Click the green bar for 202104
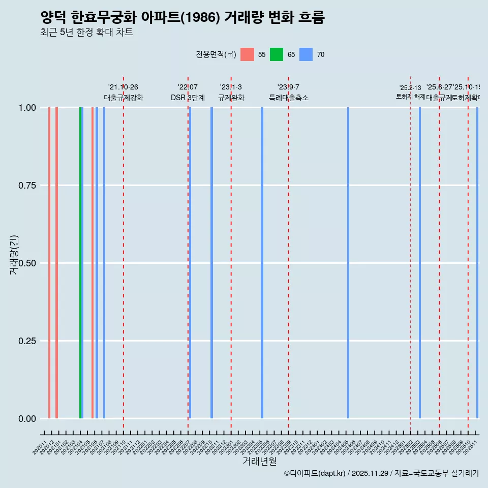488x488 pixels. pyautogui.click(x=80, y=263)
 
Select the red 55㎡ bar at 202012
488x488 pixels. pyautogui.click(x=49, y=263)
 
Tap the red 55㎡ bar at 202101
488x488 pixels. pyautogui.click(x=56, y=263)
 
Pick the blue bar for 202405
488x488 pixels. pyautogui.click(x=348, y=263)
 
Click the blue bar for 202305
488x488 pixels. pyautogui.click(x=262, y=263)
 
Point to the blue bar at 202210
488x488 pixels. pyautogui.click(x=211, y=263)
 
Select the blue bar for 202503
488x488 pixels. pyautogui.click(x=420, y=263)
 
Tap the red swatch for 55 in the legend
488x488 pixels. pyautogui.click(x=247, y=54)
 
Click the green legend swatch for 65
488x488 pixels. pyautogui.click(x=277, y=54)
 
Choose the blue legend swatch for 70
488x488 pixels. pyautogui.click(x=306, y=54)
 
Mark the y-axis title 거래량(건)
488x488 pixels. pyautogui.click(x=14, y=255)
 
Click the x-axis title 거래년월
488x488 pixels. pyautogui.click(x=259, y=461)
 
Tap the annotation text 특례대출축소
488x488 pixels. pyautogui.click(x=289, y=98)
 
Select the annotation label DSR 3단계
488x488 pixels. pyautogui.click(x=188, y=98)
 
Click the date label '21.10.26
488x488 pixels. pyautogui.click(x=123, y=87)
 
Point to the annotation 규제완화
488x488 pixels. pyautogui.click(x=231, y=98)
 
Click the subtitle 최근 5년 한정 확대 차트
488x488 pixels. pyautogui.click(x=86, y=33)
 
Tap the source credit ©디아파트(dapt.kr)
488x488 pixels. pyautogui.click(x=315, y=473)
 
